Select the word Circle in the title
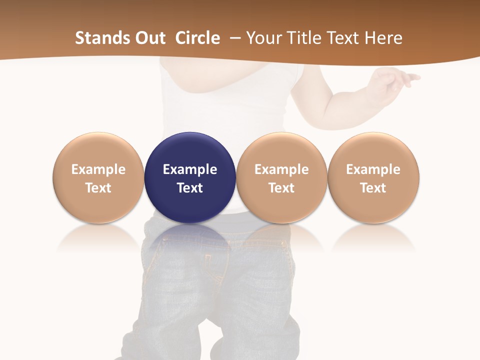point(197,38)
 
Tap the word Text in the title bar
point(343,38)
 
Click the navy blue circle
point(190,150)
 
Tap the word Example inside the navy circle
point(190,169)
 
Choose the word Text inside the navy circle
point(190,188)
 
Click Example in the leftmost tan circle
point(98,169)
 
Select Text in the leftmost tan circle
point(98,188)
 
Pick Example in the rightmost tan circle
point(373,169)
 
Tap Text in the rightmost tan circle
point(373,188)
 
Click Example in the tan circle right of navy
point(281,169)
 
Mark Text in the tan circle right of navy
point(281,188)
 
